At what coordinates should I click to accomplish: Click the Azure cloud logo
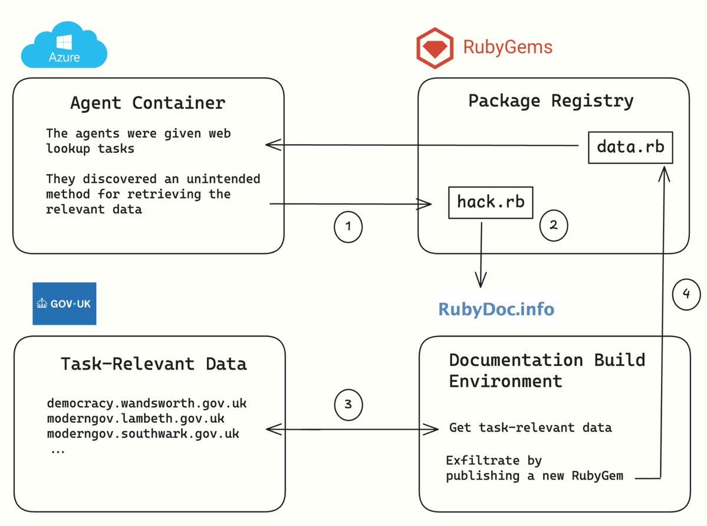tap(64, 45)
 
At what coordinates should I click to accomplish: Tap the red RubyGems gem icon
tap(435, 48)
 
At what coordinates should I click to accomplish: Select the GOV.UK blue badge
tap(64, 303)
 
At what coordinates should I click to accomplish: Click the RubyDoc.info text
tap(496, 309)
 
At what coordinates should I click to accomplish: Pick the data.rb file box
tap(630, 147)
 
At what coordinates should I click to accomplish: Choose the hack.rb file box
tap(491, 202)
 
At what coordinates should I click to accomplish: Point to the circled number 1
tap(348, 227)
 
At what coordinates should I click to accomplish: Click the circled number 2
tap(554, 226)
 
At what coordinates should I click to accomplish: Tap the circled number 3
tap(348, 404)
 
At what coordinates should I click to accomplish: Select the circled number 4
tap(686, 295)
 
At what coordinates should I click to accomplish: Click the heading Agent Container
tap(148, 103)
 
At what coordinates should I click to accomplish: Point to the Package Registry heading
tap(551, 101)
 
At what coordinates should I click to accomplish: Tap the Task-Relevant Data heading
tap(154, 364)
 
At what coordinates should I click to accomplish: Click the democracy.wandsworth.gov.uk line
tap(147, 403)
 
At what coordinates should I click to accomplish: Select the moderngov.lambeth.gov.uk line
tap(136, 419)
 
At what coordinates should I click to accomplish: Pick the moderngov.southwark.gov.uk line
tap(143, 434)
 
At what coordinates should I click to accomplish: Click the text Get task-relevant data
tap(531, 427)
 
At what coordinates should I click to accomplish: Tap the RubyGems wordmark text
tap(508, 47)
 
